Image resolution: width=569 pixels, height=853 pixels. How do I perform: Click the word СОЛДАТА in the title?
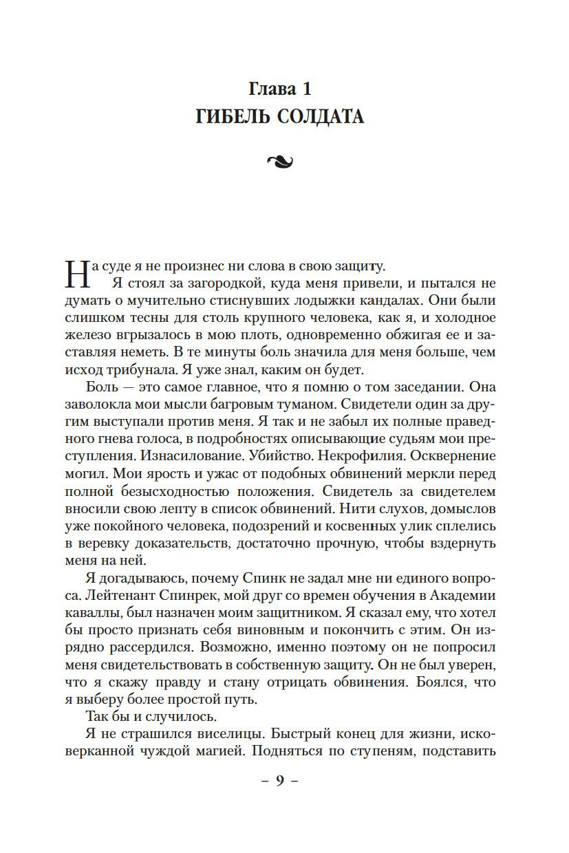tap(322, 118)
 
